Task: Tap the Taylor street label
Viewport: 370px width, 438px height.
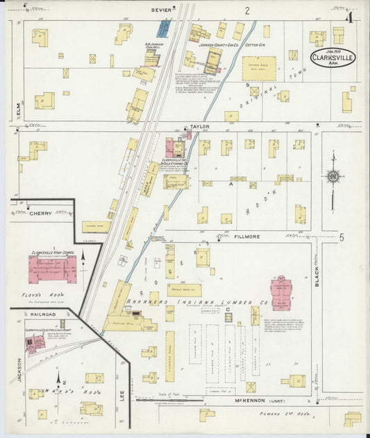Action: click(200, 128)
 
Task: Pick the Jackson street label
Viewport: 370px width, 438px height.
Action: click(20, 369)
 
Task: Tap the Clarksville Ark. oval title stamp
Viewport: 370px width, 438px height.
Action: click(333, 57)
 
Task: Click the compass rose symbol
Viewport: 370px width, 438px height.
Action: click(333, 177)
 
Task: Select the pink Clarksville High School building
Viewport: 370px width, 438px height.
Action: click(51, 269)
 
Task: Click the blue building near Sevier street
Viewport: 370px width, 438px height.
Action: click(163, 28)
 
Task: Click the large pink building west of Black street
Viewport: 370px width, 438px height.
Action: click(282, 293)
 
